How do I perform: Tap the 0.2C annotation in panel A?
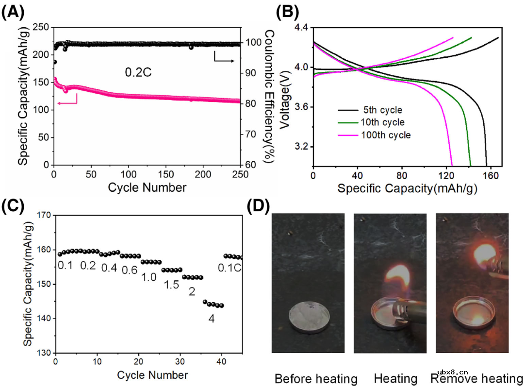click(x=136, y=73)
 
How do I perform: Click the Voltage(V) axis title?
click(x=286, y=97)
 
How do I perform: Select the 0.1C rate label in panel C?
click(x=230, y=267)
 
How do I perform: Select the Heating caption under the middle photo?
click(x=395, y=378)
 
